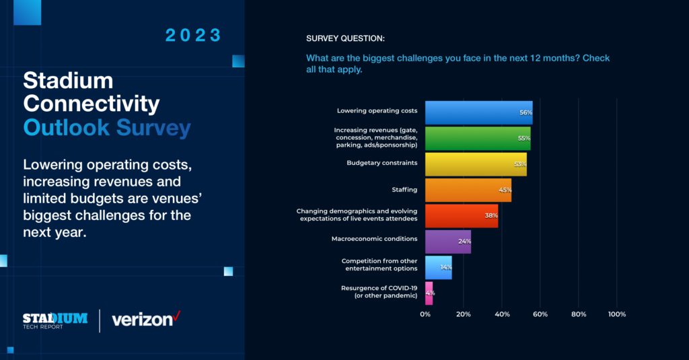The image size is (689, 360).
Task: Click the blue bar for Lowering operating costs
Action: (478, 112)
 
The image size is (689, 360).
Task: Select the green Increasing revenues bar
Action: (477, 138)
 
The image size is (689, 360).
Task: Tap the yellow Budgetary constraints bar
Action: (475, 164)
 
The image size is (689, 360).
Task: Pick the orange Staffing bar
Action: (468, 190)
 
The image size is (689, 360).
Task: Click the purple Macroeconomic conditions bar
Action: (447, 241)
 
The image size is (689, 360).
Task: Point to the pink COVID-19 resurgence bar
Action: (429, 293)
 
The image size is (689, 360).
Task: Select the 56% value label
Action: (525, 112)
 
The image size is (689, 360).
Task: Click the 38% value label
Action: (491, 215)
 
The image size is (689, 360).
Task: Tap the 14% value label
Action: (445, 267)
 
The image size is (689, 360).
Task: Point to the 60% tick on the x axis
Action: (540, 314)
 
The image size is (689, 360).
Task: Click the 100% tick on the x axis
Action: (616, 314)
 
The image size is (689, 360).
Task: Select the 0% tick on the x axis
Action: (425, 314)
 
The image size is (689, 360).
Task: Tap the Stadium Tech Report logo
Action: (55, 320)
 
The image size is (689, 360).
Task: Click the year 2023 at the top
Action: (194, 36)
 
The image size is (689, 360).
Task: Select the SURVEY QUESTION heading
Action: (345, 38)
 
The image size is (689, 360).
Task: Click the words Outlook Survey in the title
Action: (106, 127)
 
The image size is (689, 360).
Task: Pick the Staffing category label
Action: (404, 190)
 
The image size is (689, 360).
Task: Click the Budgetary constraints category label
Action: (382, 163)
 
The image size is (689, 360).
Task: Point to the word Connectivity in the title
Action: (91, 104)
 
